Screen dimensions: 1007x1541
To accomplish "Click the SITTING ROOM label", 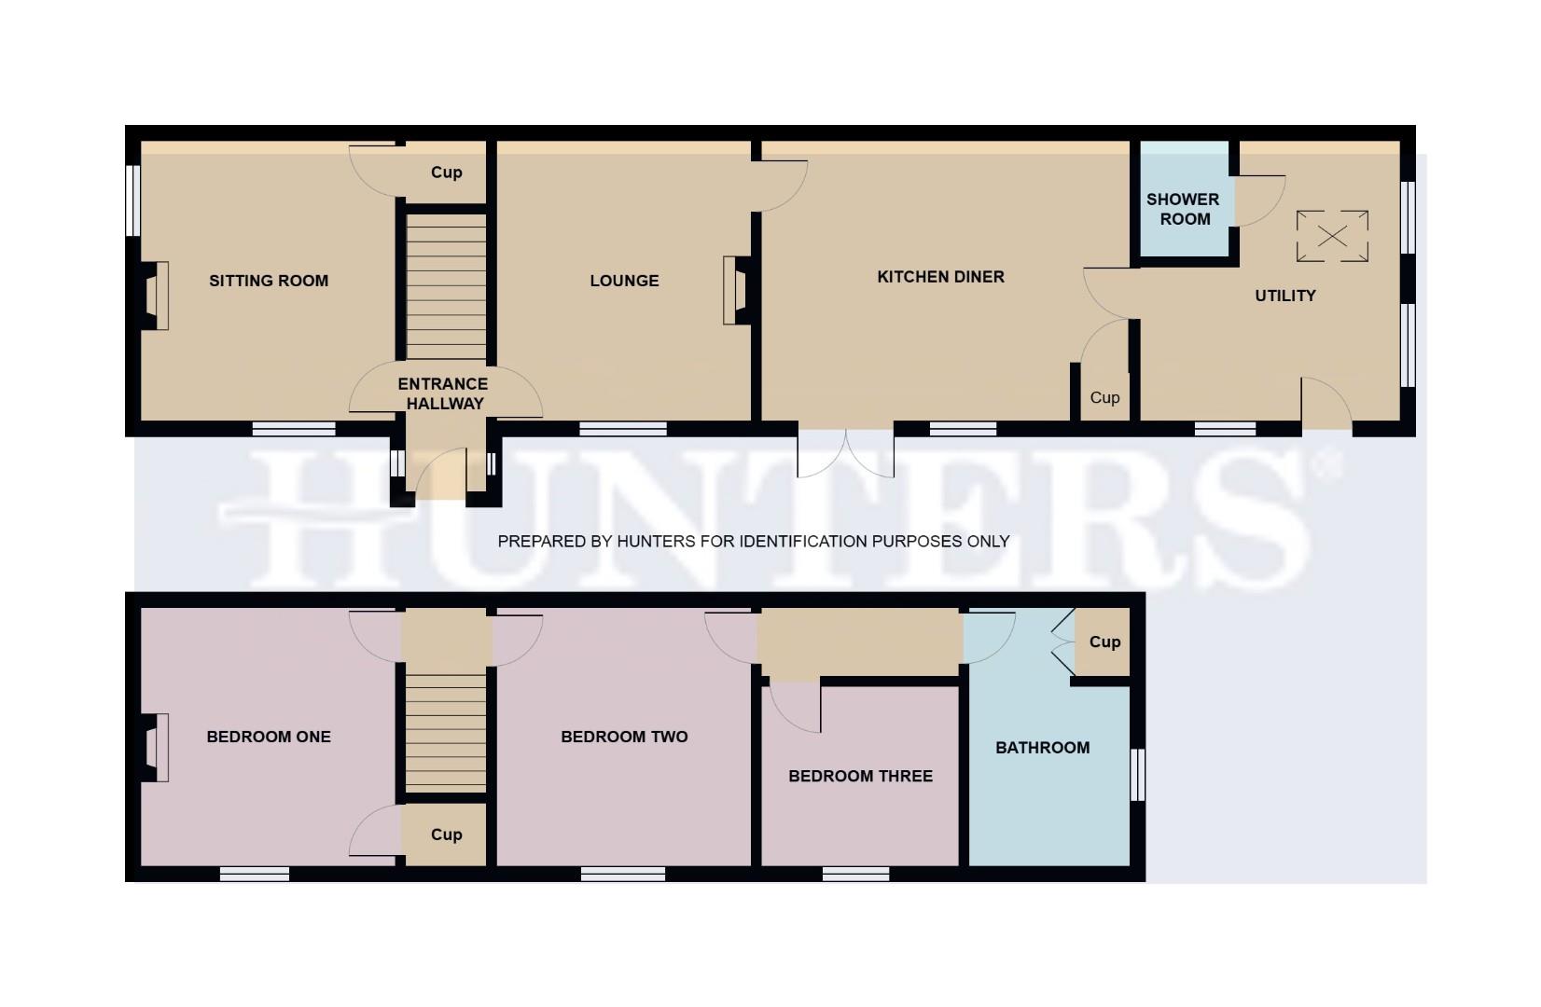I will (x=269, y=281).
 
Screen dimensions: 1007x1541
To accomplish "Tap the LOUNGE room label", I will (x=624, y=281).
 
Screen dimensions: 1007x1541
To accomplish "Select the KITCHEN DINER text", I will (x=940, y=277).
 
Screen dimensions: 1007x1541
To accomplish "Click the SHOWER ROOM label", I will (x=1183, y=209).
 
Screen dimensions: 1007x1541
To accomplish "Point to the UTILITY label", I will (x=1284, y=296).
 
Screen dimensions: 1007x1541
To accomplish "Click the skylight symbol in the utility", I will (x=1332, y=236).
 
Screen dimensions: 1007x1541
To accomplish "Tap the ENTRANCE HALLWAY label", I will (x=442, y=393).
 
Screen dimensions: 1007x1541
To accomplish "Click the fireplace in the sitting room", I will (x=155, y=296).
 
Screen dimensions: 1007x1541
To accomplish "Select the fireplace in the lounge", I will (x=737, y=290).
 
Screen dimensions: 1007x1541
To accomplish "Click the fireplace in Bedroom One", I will (x=155, y=747).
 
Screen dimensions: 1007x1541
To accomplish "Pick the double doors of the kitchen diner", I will (x=846, y=453).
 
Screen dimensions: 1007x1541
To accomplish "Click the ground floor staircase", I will (x=446, y=285).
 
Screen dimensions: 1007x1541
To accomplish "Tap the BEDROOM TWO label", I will (x=624, y=737).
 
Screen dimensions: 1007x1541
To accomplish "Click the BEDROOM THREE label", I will (x=860, y=776).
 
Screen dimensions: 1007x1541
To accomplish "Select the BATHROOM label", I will (x=1042, y=748).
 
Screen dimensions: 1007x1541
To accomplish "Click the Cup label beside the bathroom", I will (x=1104, y=641).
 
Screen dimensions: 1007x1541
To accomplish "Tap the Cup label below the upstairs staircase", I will (x=446, y=835).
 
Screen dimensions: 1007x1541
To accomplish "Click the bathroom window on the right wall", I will (x=1137, y=775).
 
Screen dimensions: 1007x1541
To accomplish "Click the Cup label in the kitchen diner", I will (x=1104, y=397).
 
